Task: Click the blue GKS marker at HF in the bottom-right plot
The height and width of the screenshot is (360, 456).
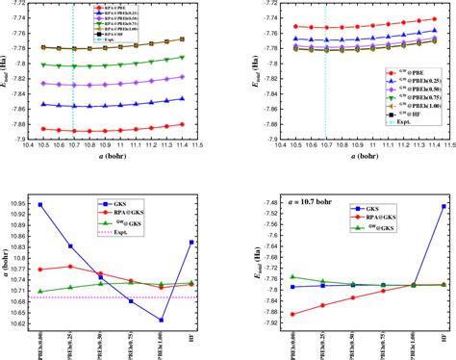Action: [x=443, y=205]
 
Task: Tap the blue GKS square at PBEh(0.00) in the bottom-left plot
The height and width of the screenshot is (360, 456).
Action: [x=39, y=204]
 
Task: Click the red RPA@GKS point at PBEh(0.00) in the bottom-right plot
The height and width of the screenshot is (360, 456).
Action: [x=292, y=315]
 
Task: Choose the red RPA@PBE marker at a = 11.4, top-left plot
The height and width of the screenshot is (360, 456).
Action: [x=183, y=124]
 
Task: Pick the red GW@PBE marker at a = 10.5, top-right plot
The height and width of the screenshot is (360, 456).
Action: [x=292, y=26]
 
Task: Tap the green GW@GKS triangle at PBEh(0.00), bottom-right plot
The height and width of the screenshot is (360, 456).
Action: [x=292, y=277]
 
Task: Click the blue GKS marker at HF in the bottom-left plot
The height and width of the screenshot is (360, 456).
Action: [x=190, y=242]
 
